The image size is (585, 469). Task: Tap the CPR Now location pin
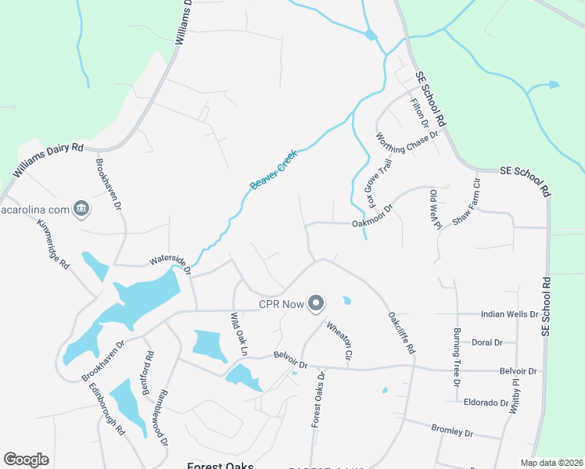tap(316, 303)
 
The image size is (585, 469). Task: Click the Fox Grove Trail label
tap(378, 185)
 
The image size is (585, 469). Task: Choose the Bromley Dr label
tap(452, 430)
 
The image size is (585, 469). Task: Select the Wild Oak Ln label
tap(238, 335)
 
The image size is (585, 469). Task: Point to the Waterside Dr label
tap(170, 263)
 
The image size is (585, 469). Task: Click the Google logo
tap(26, 460)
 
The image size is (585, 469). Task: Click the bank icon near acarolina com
tap(81, 208)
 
